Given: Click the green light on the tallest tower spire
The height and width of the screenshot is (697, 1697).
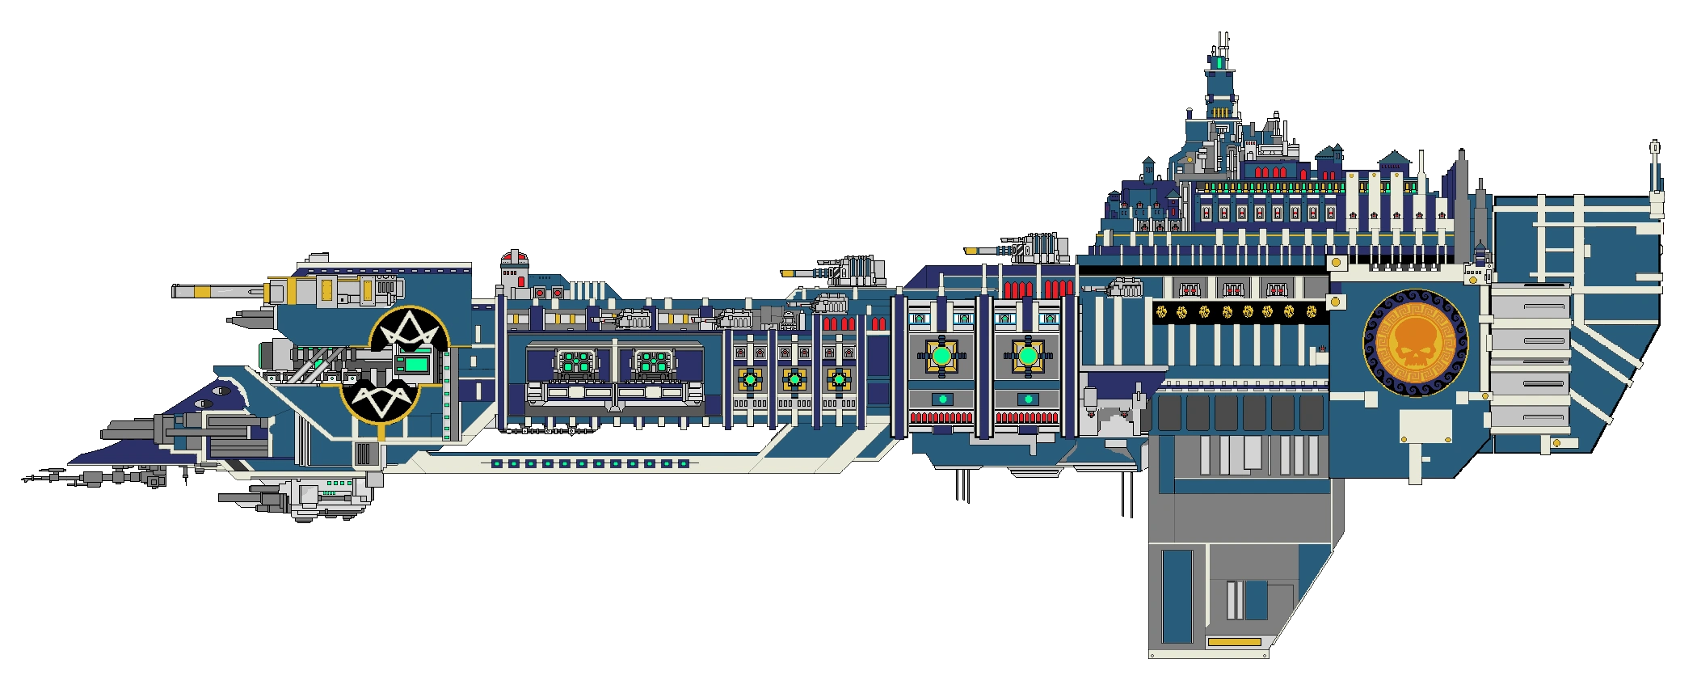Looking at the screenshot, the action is coord(1218,62).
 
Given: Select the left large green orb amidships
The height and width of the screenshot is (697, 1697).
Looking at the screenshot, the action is coord(941,356).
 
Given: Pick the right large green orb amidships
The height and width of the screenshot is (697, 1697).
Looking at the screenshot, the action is coord(1026,356).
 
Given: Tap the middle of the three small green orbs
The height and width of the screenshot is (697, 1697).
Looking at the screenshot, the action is coord(794,378).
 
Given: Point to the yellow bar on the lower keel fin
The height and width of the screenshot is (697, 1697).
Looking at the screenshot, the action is coord(1233,642).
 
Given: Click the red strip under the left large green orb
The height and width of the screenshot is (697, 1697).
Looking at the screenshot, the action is coord(941,418).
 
